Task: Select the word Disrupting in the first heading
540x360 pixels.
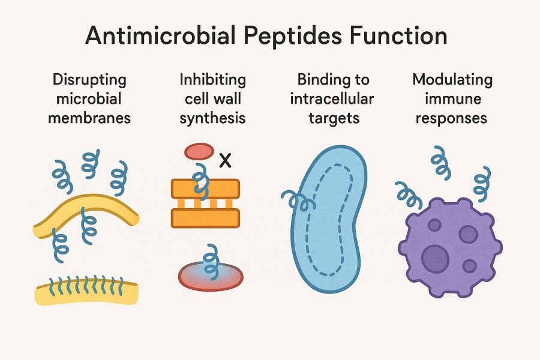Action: (89, 80)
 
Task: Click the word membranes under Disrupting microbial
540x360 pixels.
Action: (89, 118)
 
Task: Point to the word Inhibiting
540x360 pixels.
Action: (213, 80)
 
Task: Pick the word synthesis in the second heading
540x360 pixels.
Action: (213, 118)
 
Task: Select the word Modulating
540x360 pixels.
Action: (453, 80)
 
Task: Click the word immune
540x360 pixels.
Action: (453, 99)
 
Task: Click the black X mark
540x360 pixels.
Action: (225, 160)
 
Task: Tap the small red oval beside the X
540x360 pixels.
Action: (199, 151)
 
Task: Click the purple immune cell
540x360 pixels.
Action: (450, 246)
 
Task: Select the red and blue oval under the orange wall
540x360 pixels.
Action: (211, 275)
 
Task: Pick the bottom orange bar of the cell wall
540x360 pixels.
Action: (205, 218)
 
